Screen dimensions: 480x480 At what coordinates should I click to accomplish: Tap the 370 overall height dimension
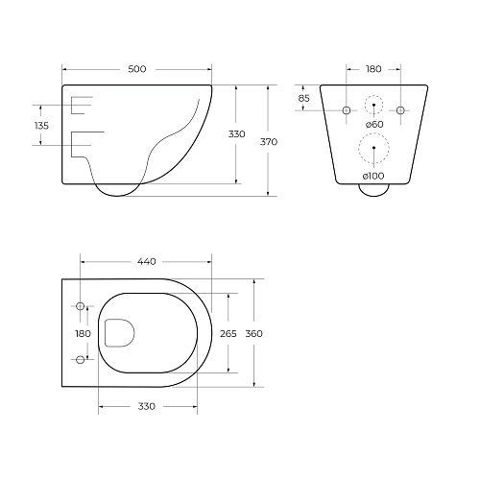(x=269, y=141)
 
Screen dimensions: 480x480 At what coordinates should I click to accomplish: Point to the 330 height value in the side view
(x=236, y=134)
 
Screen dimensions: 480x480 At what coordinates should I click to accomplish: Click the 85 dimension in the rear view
(x=303, y=98)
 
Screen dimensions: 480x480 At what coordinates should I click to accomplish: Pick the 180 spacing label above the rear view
(x=374, y=69)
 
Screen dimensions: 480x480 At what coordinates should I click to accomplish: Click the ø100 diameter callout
(x=374, y=177)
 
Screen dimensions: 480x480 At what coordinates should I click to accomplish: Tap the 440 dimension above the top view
(x=146, y=261)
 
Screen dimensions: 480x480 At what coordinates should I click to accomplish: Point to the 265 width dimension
(x=228, y=333)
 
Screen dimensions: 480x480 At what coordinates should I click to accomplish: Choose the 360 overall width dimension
(x=254, y=333)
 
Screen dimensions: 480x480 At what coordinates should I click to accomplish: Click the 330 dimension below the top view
(x=146, y=407)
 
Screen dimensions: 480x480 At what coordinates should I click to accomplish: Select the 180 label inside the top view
(x=84, y=333)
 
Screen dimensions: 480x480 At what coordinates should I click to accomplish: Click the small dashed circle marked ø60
(x=374, y=106)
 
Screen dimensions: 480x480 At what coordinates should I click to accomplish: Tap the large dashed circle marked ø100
(x=374, y=149)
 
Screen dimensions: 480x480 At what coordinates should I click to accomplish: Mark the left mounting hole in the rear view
(x=347, y=111)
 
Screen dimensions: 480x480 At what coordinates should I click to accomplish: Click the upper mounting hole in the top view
(x=80, y=307)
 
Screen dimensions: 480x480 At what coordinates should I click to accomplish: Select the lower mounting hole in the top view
(x=80, y=360)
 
